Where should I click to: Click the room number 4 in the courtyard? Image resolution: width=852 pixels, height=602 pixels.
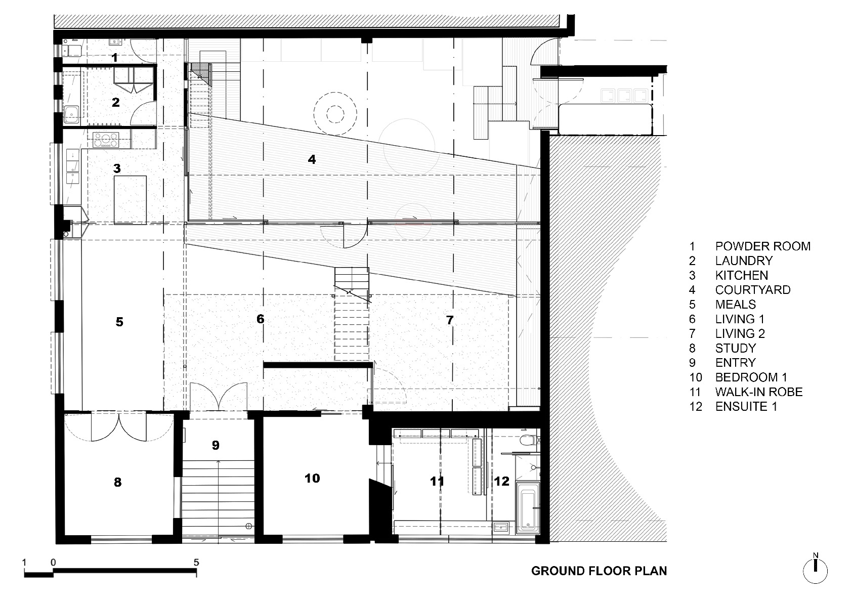pyautogui.click(x=312, y=159)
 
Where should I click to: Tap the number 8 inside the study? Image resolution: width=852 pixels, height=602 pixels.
pyautogui.click(x=117, y=482)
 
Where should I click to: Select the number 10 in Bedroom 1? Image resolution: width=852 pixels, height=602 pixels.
pyautogui.click(x=312, y=478)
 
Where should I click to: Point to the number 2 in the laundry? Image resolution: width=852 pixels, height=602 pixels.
pyautogui.click(x=116, y=102)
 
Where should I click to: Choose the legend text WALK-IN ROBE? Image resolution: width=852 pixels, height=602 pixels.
pyautogui.click(x=759, y=392)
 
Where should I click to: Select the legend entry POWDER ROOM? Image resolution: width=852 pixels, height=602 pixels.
pyautogui.click(x=762, y=246)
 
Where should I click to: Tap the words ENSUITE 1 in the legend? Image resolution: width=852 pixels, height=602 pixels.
pyautogui.click(x=746, y=407)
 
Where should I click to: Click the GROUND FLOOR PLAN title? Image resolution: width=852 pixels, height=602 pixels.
pyautogui.click(x=599, y=571)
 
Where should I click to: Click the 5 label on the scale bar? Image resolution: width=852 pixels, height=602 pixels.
pyautogui.click(x=196, y=562)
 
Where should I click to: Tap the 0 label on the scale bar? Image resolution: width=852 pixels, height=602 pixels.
pyautogui.click(x=53, y=562)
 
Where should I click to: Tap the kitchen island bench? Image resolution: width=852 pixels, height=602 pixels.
pyautogui.click(x=130, y=199)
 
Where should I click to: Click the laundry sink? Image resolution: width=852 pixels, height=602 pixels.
pyautogui.click(x=71, y=114)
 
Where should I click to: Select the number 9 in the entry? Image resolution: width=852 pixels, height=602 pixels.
pyautogui.click(x=216, y=445)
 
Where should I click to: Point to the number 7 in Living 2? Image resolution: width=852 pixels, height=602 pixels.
pyautogui.click(x=450, y=320)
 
